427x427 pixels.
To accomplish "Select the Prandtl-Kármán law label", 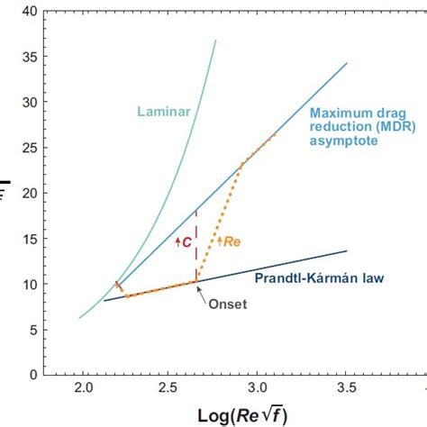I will click(x=320, y=277).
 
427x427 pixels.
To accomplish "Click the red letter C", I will click(x=186, y=242).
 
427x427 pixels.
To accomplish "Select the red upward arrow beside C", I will click(x=177, y=241).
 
